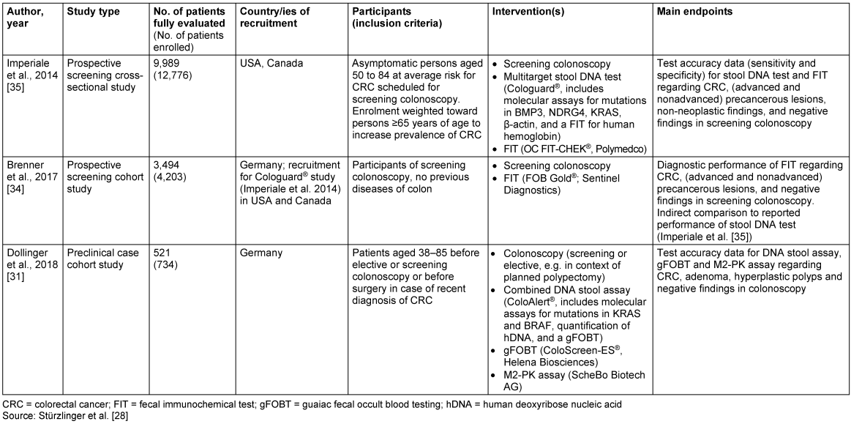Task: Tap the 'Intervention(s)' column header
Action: (x=525, y=12)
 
